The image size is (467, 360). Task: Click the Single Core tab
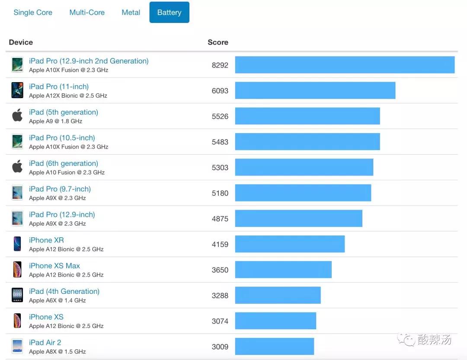33,13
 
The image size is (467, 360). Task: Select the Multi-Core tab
87,13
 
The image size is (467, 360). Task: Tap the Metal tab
131,13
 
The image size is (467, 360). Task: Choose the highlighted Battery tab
169,13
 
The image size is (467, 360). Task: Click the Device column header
21,42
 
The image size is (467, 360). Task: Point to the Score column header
218,42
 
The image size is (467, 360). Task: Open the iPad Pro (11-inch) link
59,86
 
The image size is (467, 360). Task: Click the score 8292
220,65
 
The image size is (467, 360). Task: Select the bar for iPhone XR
290,244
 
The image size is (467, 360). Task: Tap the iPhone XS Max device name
54,266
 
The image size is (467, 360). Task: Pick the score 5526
220,116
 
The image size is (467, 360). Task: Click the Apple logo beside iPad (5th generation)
17,116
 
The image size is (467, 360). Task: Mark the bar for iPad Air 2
274,347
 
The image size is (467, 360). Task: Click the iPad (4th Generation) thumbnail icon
17,295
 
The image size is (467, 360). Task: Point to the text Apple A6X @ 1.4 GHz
58,300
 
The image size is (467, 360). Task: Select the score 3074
220,321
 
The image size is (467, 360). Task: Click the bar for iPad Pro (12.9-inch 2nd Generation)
345,65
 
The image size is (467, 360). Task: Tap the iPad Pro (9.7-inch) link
60,189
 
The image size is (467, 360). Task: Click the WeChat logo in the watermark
406,340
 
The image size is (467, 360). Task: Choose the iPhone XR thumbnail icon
17,244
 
